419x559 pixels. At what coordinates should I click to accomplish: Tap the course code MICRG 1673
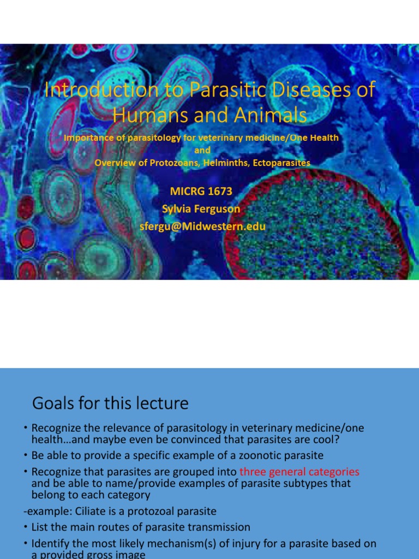click(201, 191)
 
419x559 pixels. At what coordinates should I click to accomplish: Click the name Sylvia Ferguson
click(201, 209)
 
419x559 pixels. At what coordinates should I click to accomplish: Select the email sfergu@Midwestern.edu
click(201, 226)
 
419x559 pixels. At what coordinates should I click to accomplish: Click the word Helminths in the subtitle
click(224, 163)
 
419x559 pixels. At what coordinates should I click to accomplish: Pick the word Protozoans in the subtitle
click(174, 163)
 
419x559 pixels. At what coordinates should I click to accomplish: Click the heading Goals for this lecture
click(110, 403)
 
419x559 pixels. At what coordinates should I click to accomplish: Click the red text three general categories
click(300, 472)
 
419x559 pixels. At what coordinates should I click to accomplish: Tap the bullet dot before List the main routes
click(26, 527)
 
